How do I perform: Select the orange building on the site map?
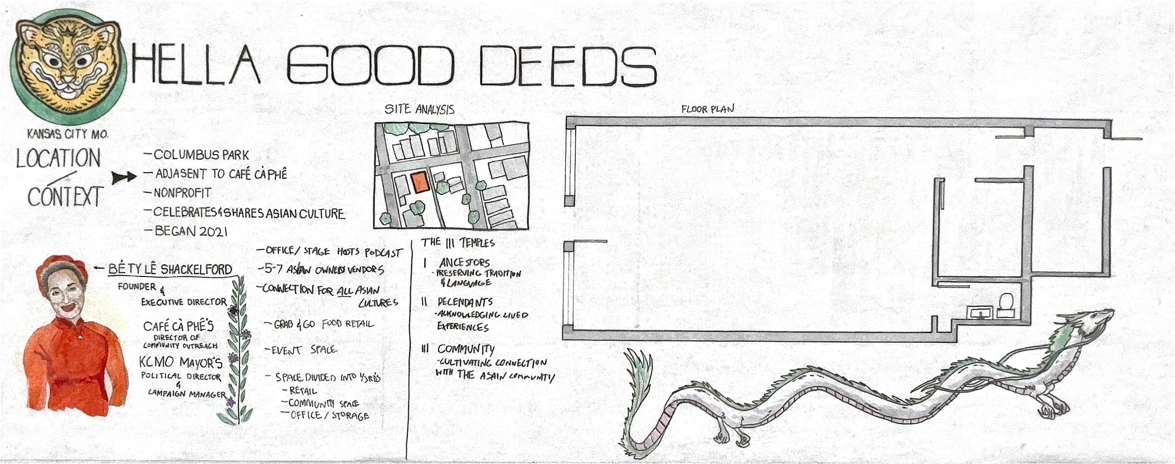419,183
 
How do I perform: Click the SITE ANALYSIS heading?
420,110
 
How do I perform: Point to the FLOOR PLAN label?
707,109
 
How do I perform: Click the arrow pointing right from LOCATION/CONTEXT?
124,178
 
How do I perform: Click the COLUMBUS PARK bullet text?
201,155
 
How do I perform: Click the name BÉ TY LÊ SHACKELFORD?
170,269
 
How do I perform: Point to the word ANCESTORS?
464,263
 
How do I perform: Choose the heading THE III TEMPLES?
458,242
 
